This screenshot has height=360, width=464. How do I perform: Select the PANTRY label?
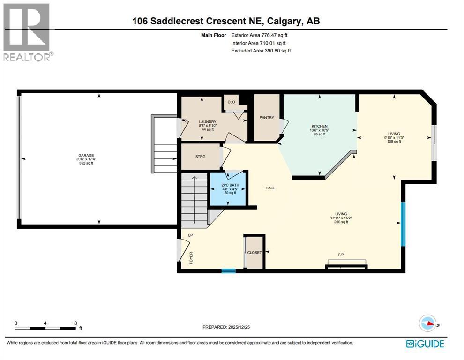tap(267, 118)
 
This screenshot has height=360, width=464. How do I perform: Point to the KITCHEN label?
tap(319, 127)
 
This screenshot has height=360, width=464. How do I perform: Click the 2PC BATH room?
tap(228, 189)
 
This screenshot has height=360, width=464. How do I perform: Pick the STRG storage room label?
tap(200, 156)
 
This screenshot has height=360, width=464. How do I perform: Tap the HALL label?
tap(270, 188)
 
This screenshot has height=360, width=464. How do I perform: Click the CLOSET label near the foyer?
tap(254, 253)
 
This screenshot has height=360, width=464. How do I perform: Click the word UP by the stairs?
tap(190, 234)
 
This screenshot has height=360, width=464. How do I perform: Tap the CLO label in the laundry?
tap(231, 102)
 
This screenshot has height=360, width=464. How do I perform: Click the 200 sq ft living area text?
tap(341, 222)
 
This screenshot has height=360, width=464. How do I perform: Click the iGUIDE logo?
tap(425, 344)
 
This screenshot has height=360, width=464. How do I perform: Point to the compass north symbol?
tap(427, 323)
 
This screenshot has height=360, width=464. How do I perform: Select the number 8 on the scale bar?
tap(75, 323)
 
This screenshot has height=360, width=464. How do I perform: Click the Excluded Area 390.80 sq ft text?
tap(261, 51)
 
